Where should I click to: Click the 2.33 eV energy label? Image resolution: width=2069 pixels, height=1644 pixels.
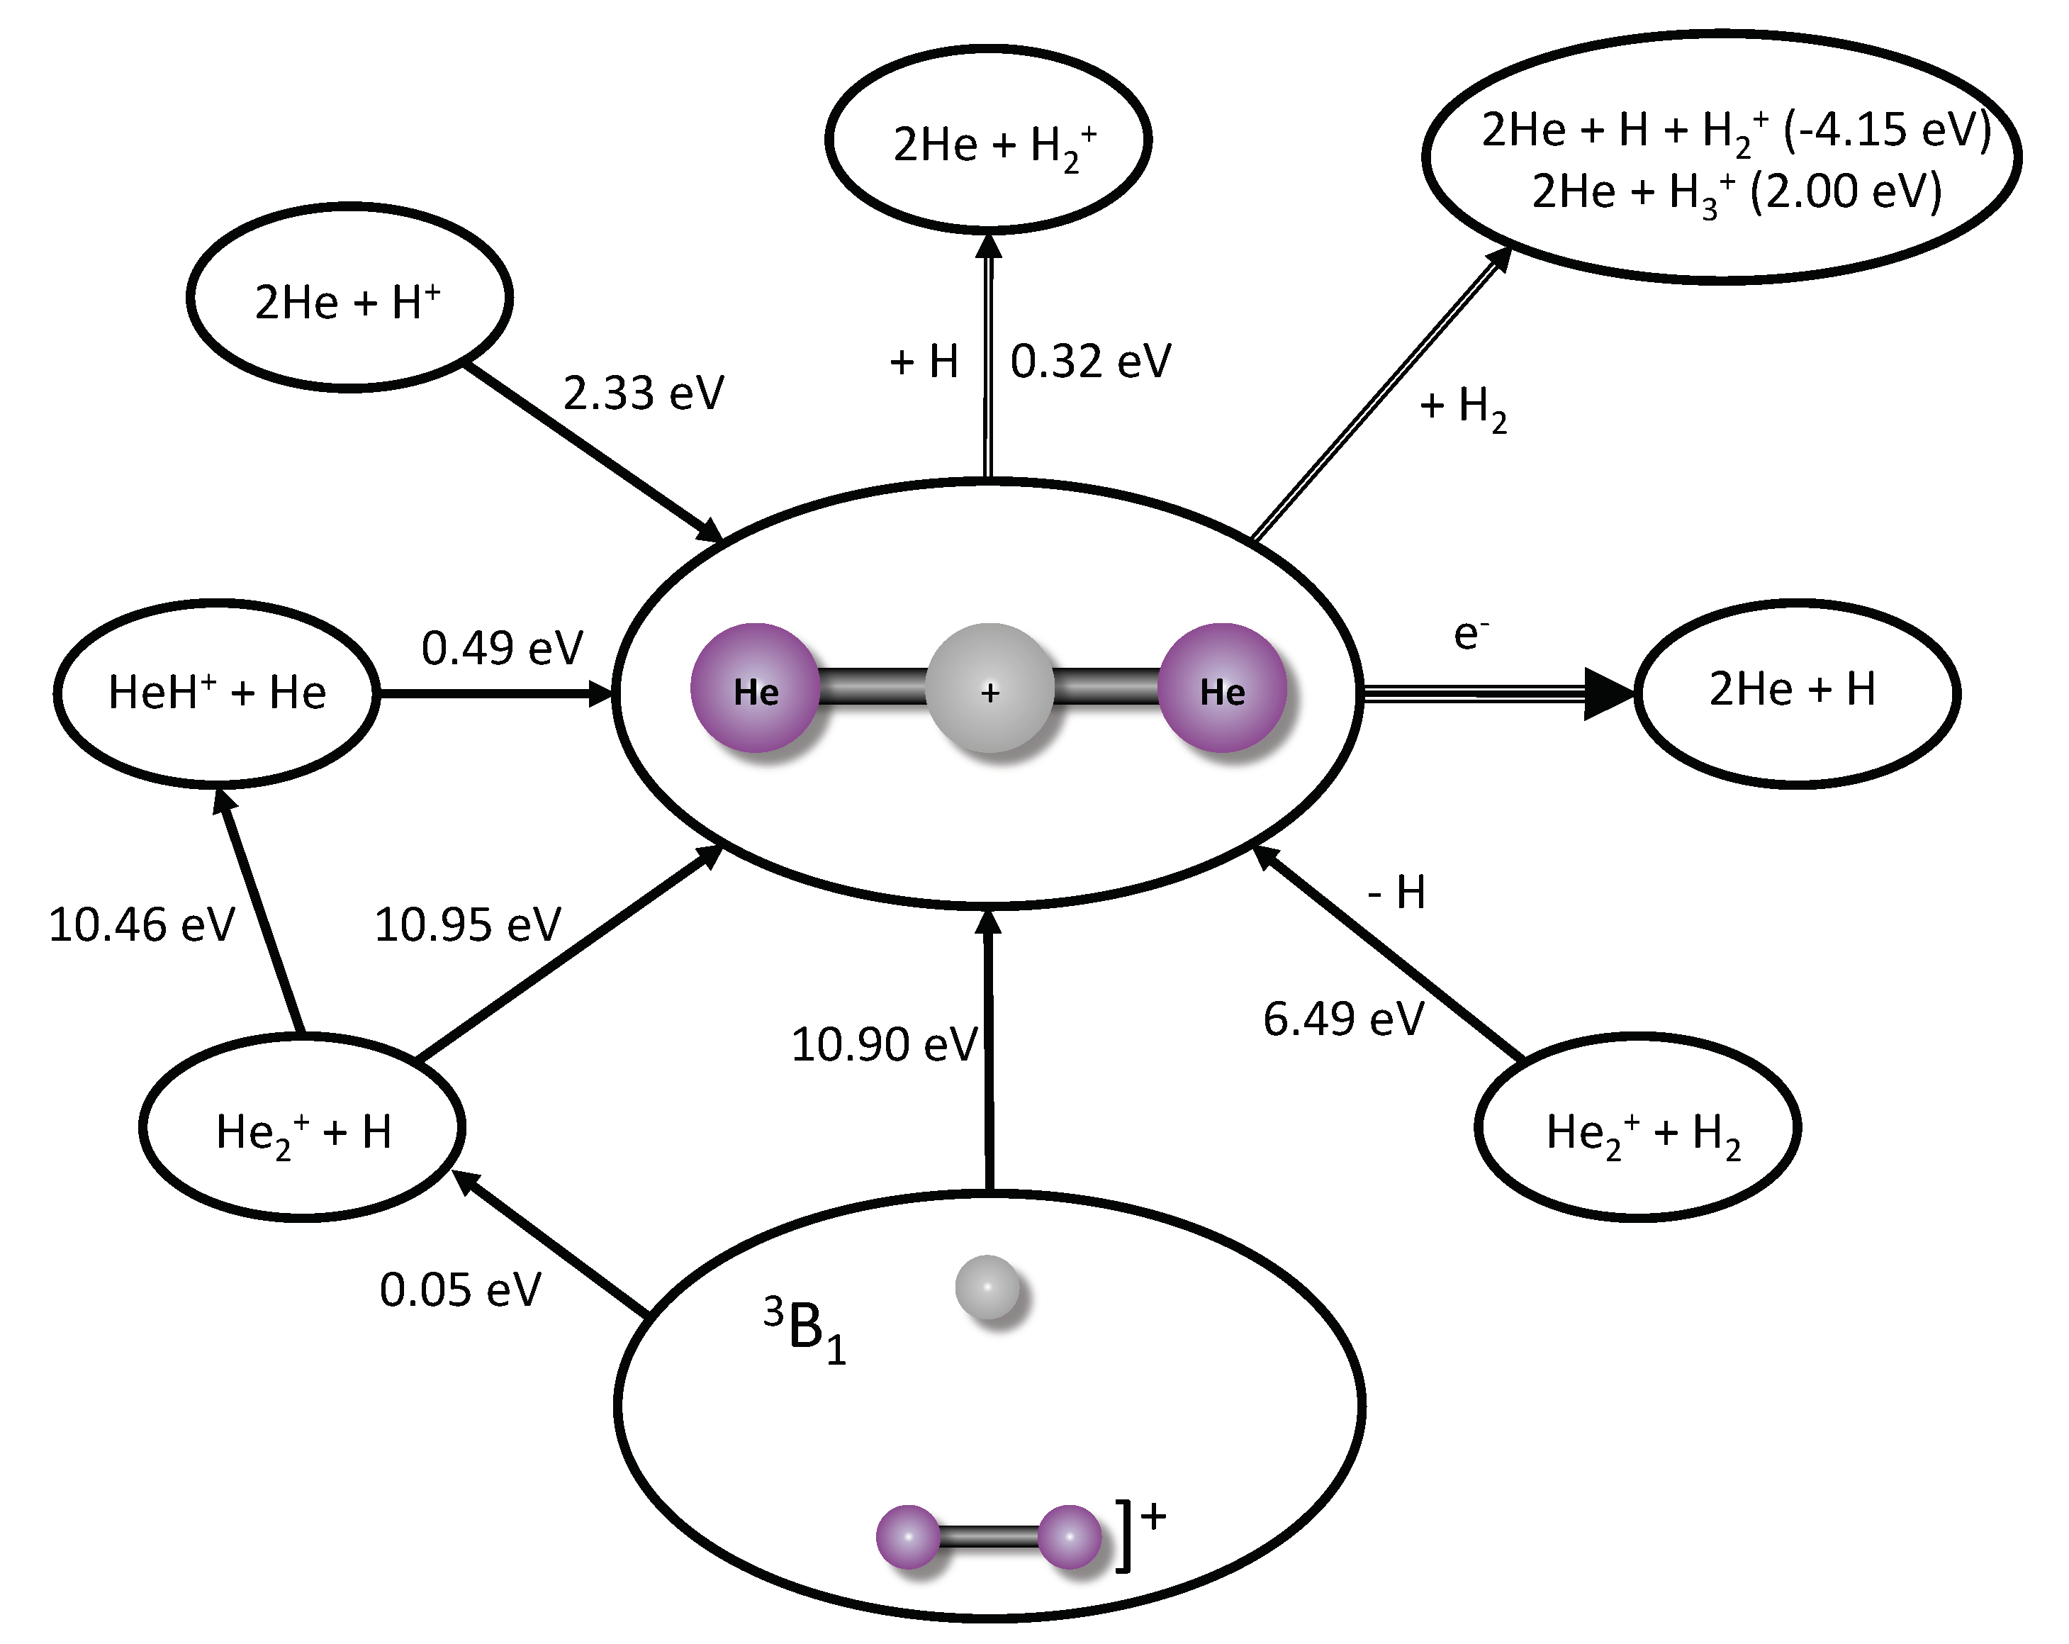(643, 393)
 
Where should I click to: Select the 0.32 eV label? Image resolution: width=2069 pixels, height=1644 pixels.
(1091, 362)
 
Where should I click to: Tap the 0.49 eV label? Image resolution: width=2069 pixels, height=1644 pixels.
(502, 648)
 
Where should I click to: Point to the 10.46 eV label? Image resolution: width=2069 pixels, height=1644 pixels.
(141, 925)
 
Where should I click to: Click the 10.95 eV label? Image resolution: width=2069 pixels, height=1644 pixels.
(467, 925)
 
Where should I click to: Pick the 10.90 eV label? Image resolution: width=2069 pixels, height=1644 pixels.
(884, 1044)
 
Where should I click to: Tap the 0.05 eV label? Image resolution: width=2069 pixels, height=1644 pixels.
(460, 1290)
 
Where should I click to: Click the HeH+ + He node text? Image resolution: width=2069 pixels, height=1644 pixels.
(217, 692)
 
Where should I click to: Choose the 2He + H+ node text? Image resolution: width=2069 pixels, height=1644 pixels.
(347, 302)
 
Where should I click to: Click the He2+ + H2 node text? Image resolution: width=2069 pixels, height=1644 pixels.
(1643, 1134)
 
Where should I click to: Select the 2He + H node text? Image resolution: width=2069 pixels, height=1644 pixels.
(1792, 689)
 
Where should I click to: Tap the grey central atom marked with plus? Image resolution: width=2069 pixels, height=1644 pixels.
(989, 689)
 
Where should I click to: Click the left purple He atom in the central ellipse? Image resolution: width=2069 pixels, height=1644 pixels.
(756, 689)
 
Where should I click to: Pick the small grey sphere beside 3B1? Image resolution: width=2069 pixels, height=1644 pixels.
(987, 1287)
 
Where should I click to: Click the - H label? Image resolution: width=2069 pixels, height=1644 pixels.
(1396, 893)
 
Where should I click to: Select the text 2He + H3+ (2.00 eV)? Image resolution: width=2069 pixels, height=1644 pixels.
(1736, 192)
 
